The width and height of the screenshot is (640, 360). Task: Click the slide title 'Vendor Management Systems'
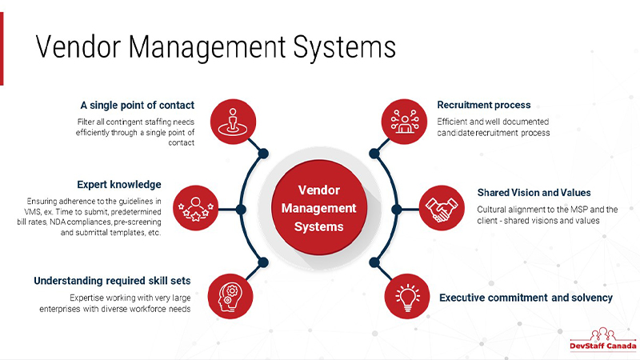tap(216, 46)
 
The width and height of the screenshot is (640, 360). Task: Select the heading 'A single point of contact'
tap(149, 105)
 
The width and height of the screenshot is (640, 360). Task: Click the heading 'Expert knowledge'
tap(119, 184)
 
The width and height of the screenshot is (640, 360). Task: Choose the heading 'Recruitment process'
tap(484, 105)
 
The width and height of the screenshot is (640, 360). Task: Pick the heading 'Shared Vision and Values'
tap(534, 193)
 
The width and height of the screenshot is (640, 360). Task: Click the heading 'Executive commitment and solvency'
tap(526, 298)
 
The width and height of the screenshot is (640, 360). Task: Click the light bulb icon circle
tap(406, 296)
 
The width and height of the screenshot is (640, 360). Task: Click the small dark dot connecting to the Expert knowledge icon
tap(241, 210)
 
